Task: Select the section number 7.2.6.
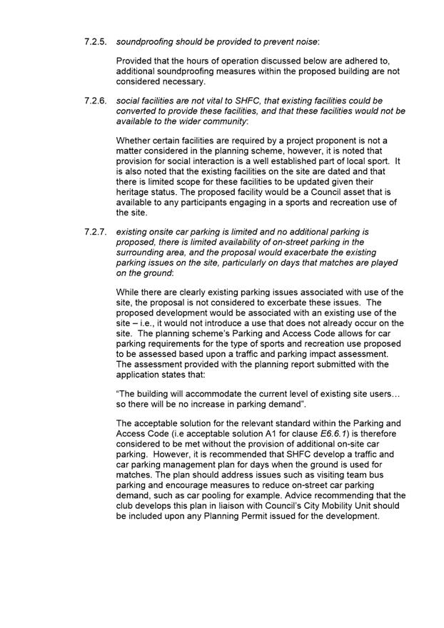96,101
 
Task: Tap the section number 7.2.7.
96,233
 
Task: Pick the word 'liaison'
218,505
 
